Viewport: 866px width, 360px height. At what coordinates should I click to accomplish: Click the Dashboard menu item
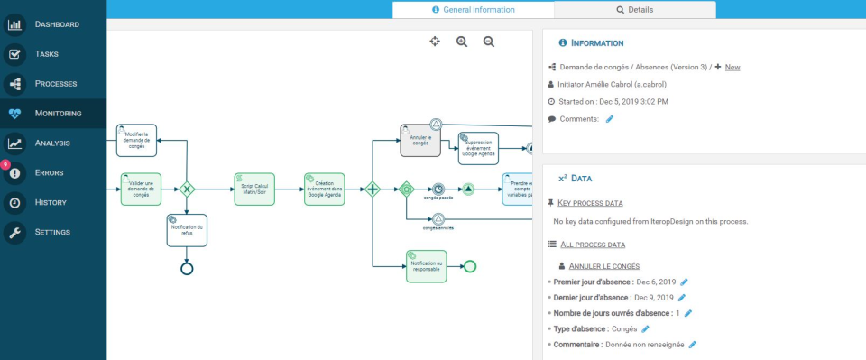pyautogui.click(x=56, y=24)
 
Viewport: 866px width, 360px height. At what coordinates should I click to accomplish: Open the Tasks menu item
pyautogui.click(x=46, y=54)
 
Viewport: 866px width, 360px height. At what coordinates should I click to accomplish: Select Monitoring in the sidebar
pyautogui.click(x=58, y=114)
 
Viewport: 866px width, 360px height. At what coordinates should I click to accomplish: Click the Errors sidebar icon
pyautogui.click(x=15, y=173)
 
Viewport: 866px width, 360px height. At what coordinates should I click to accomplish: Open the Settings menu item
pyautogui.click(x=51, y=233)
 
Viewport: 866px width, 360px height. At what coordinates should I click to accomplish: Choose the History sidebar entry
pyautogui.click(x=51, y=203)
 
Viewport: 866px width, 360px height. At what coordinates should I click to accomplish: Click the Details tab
pyautogui.click(x=634, y=10)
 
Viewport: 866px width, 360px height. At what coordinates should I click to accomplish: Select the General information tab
pyautogui.click(x=473, y=10)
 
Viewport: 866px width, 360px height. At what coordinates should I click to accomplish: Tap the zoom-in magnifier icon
pyautogui.click(x=462, y=42)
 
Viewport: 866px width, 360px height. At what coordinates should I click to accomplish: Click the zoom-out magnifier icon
pyautogui.click(x=489, y=42)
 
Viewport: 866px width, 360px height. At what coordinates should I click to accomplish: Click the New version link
pyautogui.click(x=732, y=67)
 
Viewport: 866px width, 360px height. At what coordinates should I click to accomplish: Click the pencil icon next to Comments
pyautogui.click(x=610, y=119)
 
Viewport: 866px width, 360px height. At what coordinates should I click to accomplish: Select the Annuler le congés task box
pyautogui.click(x=419, y=140)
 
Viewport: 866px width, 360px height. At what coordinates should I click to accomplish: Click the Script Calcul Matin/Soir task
pyautogui.click(x=253, y=189)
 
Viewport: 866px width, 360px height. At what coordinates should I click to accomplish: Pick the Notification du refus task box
pyautogui.click(x=187, y=230)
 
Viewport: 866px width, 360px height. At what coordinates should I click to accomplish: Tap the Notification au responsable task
pyautogui.click(x=426, y=266)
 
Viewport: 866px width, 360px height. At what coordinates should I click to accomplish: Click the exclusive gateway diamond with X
pyautogui.click(x=187, y=189)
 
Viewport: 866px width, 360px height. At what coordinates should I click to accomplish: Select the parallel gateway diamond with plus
pyautogui.click(x=372, y=189)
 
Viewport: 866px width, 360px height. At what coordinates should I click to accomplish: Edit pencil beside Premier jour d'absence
pyautogui.click(x=684, y=282)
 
